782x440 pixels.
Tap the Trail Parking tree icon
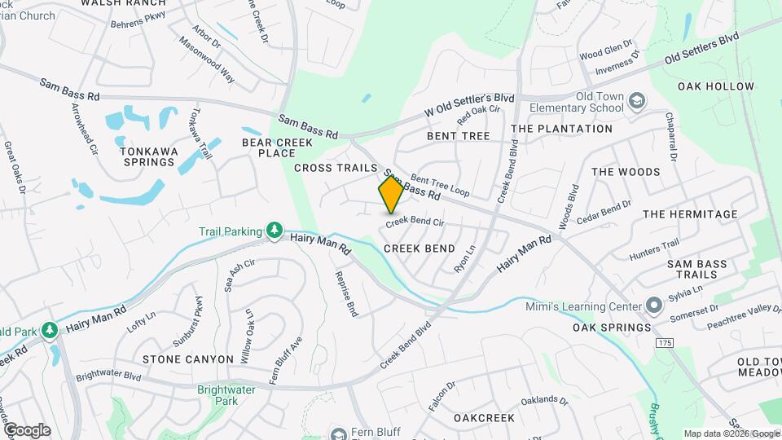[x=275, y=231]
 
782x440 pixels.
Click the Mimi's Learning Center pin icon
[x=654, y=306]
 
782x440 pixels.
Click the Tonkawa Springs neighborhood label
[x=147, y=156]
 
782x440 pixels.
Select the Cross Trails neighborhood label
[x=336, y=168]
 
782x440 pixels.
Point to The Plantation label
[x=561, y=129]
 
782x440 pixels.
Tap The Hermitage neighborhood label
[x=690, y=214]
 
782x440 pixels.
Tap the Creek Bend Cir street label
[x=415, y=222]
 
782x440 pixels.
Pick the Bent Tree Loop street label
[x=441, y=184]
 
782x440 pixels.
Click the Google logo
[x=27, y=430]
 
